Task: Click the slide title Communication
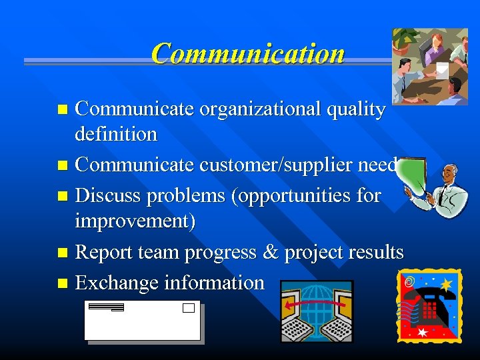[x=247, y=54]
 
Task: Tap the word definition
[x=116, y=134]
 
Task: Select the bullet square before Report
[x=63, y=253]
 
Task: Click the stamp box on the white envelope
[x=188, y=308]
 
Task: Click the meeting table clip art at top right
[x=430, y=67]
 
